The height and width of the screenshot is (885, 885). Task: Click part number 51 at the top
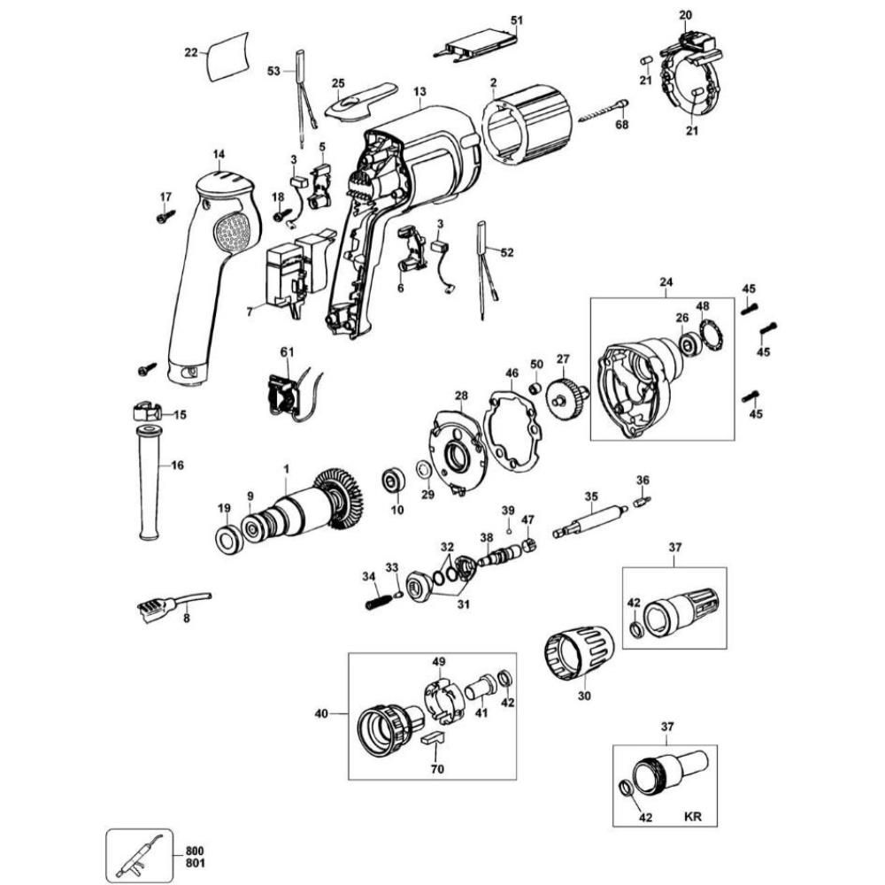pos(517,20)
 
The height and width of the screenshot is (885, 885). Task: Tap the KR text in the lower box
pos(693,817)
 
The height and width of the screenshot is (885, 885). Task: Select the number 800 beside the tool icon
pos(194,851)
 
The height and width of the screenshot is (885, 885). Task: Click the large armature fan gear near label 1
pos(339,499)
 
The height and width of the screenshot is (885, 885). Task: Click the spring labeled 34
pos(378,599)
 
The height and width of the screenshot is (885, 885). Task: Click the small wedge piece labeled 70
pos(434,739)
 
